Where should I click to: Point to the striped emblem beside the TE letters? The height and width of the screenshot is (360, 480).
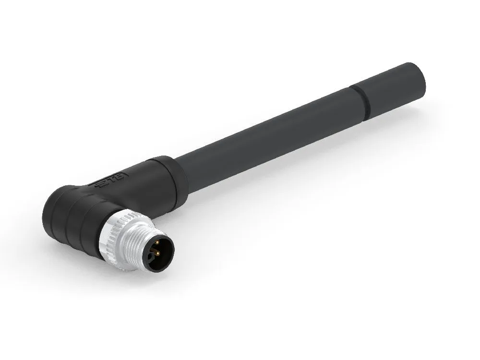101,183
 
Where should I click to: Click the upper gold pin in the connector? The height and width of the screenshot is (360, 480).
158,242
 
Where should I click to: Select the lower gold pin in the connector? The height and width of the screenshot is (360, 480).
157,253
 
